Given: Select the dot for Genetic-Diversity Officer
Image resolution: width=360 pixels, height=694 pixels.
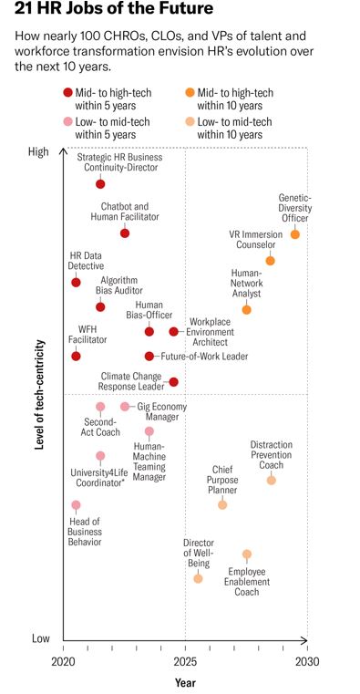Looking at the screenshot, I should coord(295,234).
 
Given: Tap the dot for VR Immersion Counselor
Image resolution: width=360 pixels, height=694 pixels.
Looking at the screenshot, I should coord(270,261).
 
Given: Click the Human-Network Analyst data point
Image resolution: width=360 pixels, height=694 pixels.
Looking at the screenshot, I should coord(246,310).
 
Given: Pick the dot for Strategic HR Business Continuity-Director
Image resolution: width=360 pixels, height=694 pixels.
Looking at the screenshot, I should coord(100,184).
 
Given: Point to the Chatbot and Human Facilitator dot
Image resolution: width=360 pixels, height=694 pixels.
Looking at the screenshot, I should coord(125,233).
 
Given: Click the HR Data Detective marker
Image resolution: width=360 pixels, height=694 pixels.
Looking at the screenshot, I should coord(76,283).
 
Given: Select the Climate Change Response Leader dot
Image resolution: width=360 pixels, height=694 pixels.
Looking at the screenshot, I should coord(173,381).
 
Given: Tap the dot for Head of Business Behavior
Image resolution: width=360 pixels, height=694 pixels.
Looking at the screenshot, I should coord(76,504).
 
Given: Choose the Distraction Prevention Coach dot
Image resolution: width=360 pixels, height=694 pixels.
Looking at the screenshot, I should coord(271,480).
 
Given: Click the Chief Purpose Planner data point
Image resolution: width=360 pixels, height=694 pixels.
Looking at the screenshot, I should coord(222,504).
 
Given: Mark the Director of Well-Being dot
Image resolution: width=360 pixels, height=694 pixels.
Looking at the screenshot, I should coord(198,578).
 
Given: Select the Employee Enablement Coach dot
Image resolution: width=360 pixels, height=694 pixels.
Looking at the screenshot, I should coord(246,554).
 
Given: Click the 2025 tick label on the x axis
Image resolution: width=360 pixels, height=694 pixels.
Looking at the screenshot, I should coord(186,659).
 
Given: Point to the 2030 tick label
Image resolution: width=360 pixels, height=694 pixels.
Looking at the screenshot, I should coord(307,659).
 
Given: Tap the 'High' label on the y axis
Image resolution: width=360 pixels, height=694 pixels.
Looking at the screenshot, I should coord(39,151).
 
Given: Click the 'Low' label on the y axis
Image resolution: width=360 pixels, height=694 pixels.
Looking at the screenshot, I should coord(39,638).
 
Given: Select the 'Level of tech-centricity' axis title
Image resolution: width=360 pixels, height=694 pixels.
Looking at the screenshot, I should coord(39,394).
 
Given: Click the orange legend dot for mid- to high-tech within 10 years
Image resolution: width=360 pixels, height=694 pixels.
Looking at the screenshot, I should coord(189,92).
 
